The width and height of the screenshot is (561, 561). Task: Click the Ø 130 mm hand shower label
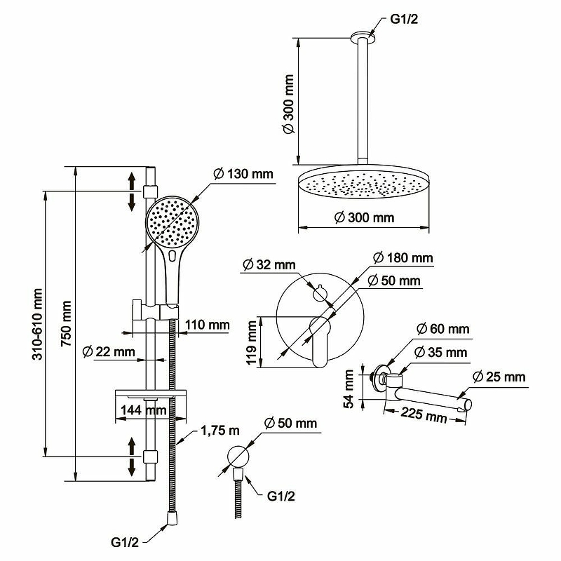[241, 173]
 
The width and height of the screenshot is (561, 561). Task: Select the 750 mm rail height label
[67, 324]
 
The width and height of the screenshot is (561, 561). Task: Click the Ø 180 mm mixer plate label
[403, 258]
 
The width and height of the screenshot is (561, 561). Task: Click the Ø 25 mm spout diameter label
[499, 377]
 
